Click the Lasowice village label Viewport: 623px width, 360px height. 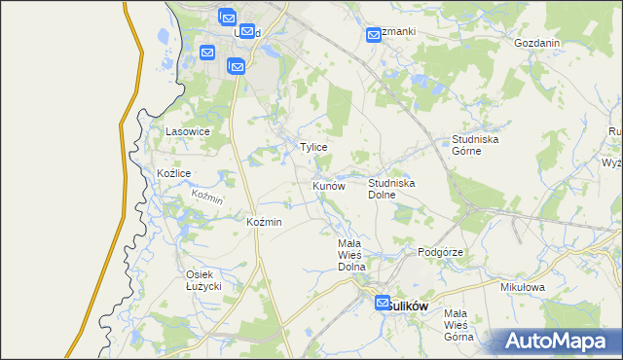point(188,131)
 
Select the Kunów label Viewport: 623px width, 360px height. point(329,185)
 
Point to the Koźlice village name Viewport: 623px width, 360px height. point(173,173)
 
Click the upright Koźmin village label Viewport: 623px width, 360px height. point(264,223)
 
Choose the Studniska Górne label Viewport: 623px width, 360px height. point(475,145)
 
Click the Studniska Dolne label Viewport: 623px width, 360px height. point(392,189)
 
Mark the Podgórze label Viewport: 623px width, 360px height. point(440,252)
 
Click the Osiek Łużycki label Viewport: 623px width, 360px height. point(204,280)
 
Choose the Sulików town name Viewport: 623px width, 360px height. point(409,305)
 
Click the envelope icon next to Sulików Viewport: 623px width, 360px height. point(383,304)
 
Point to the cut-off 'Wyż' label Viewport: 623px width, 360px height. point(612,163)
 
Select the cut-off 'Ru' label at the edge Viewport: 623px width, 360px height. point(614,131)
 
